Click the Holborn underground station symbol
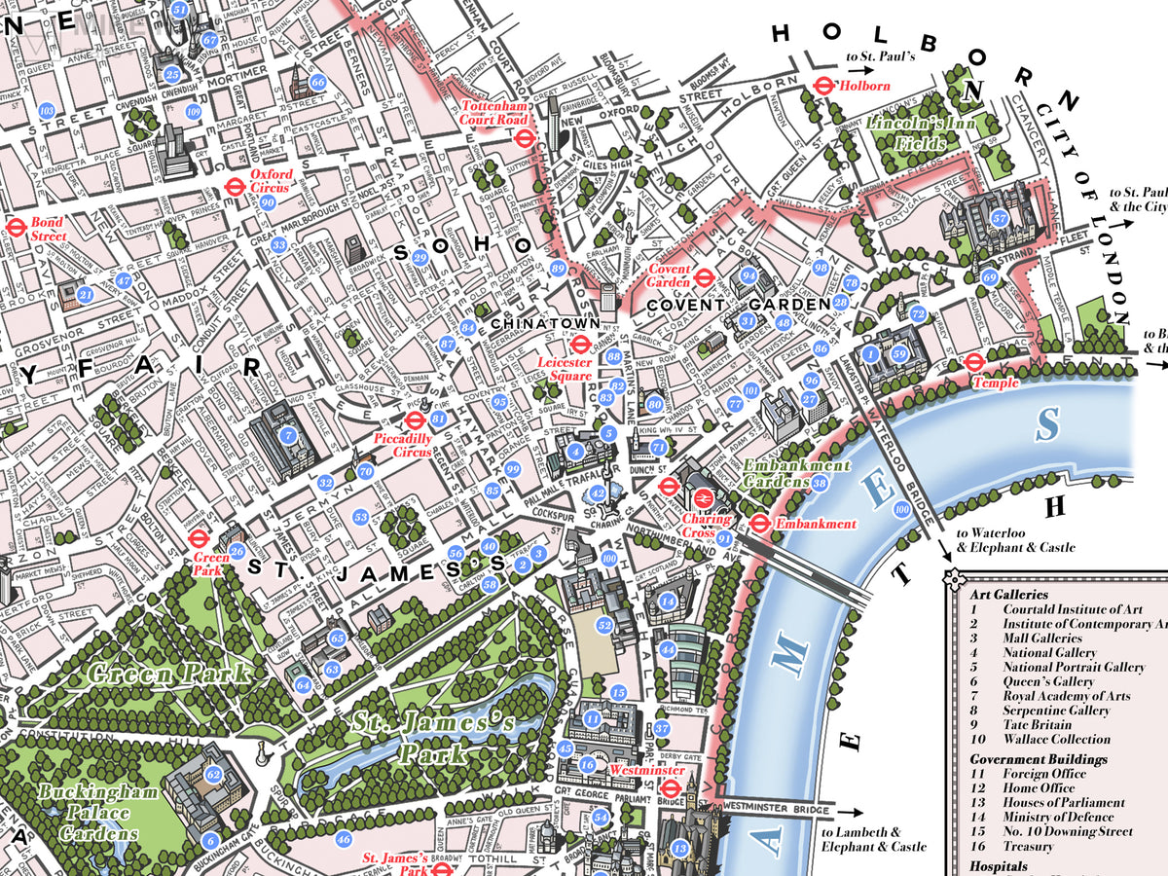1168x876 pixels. pos(823,86)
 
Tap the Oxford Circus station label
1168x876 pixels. pos(271,180)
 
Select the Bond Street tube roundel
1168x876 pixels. pos(15,228)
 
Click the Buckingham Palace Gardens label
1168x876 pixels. pos(97,813)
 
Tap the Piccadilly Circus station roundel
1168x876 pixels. pos(413,420)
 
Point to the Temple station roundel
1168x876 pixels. pos(973,363)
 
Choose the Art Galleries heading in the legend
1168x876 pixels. pos(1008,594)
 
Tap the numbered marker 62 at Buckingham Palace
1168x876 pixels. pos(214,775)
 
